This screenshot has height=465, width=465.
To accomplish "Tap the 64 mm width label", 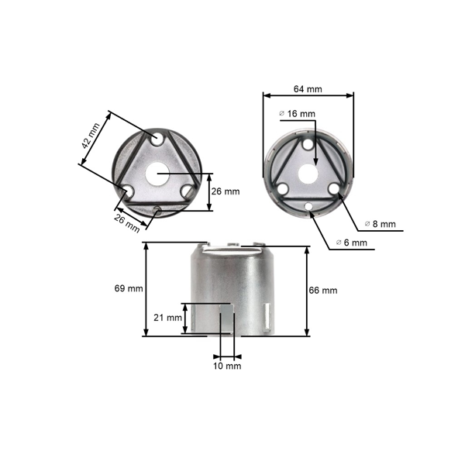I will coord(308,89).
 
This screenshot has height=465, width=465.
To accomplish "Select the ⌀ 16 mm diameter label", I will coord(298,114).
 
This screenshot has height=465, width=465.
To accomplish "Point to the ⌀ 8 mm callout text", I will coord(380,224).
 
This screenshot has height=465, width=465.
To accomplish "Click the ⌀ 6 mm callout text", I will coord(351,243).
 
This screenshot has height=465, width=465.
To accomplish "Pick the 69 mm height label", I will coord(129,289).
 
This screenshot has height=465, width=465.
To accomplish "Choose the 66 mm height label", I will coord(323,291).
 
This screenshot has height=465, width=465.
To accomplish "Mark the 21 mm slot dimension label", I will coord(168,318).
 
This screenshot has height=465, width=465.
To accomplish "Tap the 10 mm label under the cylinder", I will coord(228,364).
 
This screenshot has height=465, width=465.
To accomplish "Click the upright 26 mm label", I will coord(226,191).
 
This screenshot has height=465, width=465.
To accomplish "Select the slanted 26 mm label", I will coord(129,223).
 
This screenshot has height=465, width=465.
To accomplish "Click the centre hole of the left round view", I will coord(158,174).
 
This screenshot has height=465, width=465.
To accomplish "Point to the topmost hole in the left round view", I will coord(158,138).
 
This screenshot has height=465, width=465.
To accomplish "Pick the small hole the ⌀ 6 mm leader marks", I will coord(308,206).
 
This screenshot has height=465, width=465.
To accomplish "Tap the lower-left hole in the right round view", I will coord(284,188).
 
